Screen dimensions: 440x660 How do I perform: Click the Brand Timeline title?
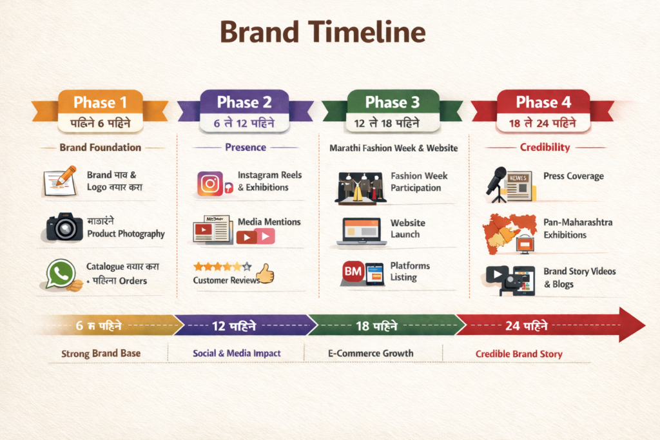coord(323,33)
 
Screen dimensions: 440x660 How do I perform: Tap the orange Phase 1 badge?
coord(100,102)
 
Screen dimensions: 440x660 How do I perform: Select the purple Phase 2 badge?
coord(244,102)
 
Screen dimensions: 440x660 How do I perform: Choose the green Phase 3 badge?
coord(393,102)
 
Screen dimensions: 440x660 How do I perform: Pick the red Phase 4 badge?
coord(543,102)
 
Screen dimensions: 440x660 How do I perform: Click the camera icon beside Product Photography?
coord(64,227)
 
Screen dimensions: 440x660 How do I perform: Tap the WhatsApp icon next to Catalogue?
coord(61,274)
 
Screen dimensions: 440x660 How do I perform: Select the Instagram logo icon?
coord(210,184)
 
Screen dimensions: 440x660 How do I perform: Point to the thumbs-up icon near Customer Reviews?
coord(265,275)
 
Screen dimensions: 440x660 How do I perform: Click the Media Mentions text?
coord(269,222)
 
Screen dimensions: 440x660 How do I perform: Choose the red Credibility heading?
coord(545,147)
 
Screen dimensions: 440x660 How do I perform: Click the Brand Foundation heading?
coord(100,147)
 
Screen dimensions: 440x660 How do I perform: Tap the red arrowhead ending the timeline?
coord(630,325)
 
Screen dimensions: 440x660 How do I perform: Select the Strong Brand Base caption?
coord(101,354)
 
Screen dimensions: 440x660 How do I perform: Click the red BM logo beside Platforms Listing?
coord(353,273)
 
